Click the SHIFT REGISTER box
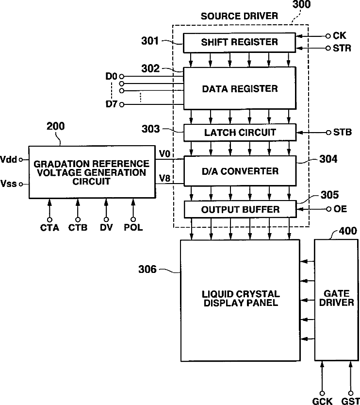point(239,43)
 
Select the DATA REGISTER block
point(240,88)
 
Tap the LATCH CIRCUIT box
point(240,133)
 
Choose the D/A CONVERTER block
point(240,171)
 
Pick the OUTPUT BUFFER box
point(240,209)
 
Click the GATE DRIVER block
point(336,300)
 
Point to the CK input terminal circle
point(328,36)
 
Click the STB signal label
point(343,132)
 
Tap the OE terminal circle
point(328,209)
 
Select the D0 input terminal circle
point(122,76)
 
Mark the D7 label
point(112,104)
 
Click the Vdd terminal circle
point(21,160)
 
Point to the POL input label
point(133,227)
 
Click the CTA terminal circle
point(49,220)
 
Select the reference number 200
point(55,126)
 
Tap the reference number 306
point(147,269)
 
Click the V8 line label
point(164,178)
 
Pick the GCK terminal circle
point(322,393)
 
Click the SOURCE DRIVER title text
point(240,16)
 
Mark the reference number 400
point(348,231)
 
